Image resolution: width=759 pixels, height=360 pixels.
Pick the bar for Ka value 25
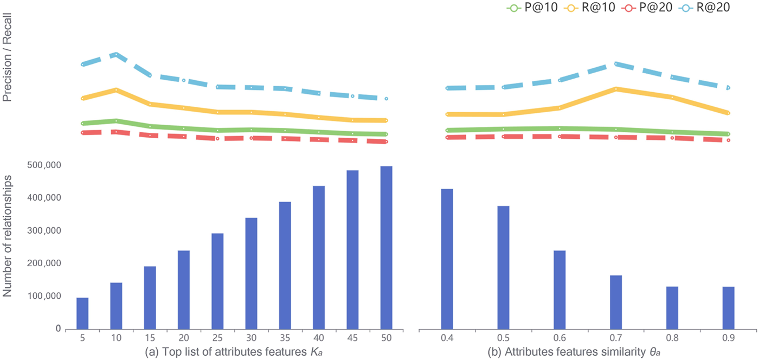pos(217,281)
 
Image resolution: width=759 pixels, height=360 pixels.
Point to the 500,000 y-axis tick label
pos(40,165)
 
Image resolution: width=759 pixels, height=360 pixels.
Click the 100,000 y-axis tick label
pos(40,297)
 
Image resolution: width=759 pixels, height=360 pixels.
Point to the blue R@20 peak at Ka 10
pos(116,54)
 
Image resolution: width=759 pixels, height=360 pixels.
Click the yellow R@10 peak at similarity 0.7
pos(616,88)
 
